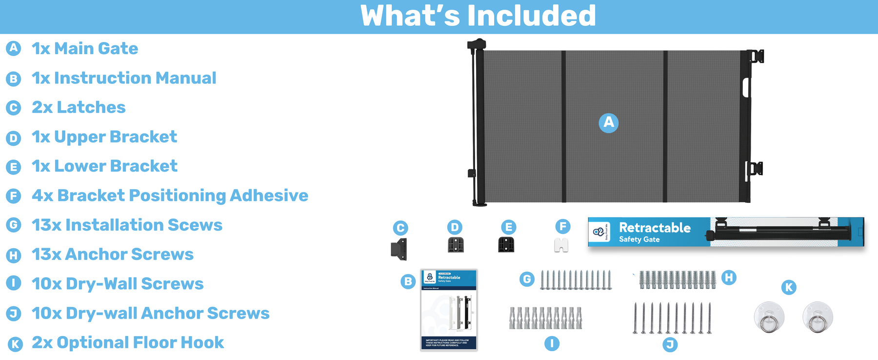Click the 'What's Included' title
[478, 16]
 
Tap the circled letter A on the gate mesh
[608, 122]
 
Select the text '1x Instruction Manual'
[124, 78]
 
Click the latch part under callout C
[399, 249]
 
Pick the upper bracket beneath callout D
[456, 244]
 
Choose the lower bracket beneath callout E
[506, 244]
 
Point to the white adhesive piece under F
[561, 245]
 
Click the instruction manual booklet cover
[449, 310]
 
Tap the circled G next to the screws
[526, 280]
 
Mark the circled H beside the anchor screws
[729, 278]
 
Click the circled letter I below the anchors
[552, 343]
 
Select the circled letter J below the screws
[670, 344]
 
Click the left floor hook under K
[769, 318]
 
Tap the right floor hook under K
[818, 318]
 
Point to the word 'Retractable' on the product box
[655, 228]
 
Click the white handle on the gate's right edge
[746, 87]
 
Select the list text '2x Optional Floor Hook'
[128, 342]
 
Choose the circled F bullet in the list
[14, 196]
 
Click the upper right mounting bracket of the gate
[756, 57]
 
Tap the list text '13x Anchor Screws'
[113, 254]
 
